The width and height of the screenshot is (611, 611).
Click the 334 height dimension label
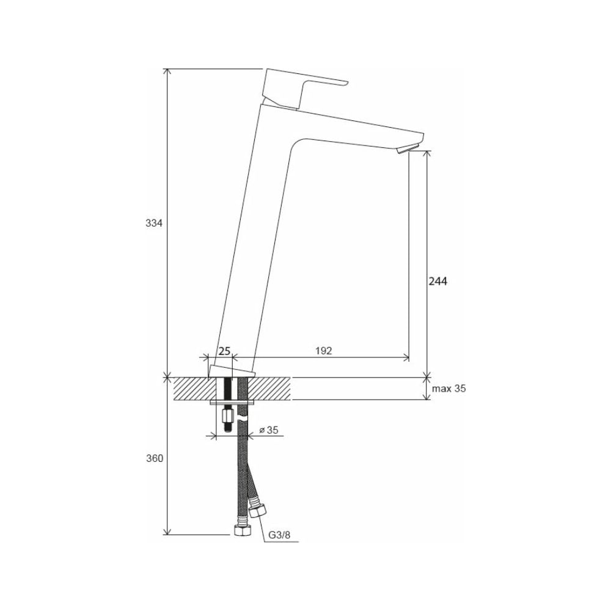point(153,223)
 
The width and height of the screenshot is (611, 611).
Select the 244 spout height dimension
point(438,281)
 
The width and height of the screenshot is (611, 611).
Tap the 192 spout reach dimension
point(323,351)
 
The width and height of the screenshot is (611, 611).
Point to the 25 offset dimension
point(224,351)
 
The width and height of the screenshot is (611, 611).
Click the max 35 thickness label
point(449,389)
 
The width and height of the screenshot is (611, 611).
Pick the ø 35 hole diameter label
point(268,430)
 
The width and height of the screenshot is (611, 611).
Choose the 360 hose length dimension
point(155,459)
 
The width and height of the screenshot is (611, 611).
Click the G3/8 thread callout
point(279,535)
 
